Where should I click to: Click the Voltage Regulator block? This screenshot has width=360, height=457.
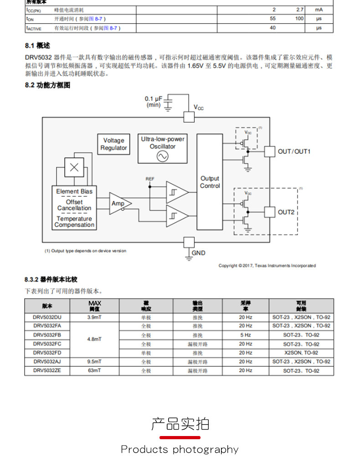click(113, 144)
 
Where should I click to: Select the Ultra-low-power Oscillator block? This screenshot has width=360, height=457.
click(163, 148)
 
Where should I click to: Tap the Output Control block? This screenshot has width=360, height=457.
click(210, 182)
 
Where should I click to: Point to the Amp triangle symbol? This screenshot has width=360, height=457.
click(119, 203)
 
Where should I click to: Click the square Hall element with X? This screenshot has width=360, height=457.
click(74, 167)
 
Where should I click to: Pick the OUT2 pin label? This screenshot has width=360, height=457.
click(286, 212)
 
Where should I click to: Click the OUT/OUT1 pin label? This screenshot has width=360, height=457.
click(294, 151)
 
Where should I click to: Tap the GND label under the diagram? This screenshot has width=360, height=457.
click(198, 253)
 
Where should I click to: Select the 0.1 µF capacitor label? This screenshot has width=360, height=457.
click(154, 102)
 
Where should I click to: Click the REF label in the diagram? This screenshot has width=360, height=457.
click(150, 179)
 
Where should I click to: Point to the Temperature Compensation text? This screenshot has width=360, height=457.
click(74, 222)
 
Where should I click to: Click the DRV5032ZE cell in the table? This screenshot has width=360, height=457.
click(47, 371)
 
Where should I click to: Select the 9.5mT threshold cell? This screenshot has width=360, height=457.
click(94, 362)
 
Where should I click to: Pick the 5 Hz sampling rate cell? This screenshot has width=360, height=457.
click(245, 335)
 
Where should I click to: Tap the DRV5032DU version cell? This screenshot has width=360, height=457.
click(47, 317)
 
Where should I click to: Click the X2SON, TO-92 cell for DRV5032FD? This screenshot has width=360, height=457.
click(301, 353)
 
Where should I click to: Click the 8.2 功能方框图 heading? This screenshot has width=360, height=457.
click(48, 85)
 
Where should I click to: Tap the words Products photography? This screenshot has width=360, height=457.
click(180, 449)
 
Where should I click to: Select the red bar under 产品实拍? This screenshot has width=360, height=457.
click(180, 437)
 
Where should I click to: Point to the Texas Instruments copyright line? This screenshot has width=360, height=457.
click(267, 265)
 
